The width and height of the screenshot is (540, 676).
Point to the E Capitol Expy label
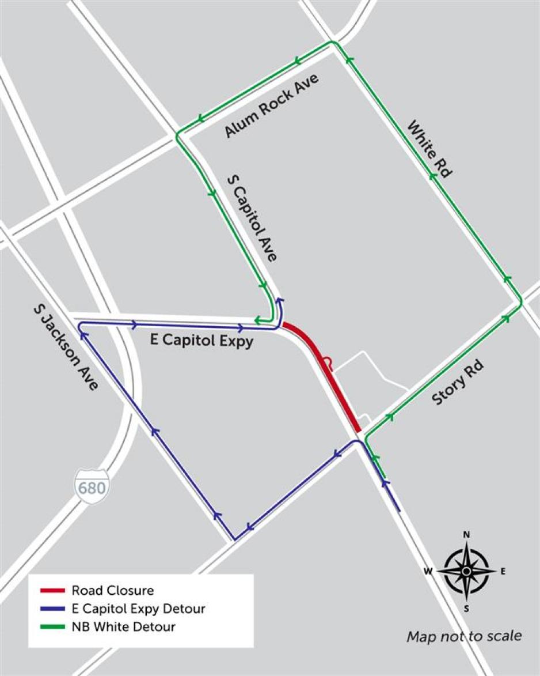[x=201, y=341]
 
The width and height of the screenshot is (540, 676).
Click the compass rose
[x=466, y=571]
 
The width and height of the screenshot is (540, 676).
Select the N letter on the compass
[x=466, y=535]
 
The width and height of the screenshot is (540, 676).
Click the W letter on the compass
[x=428, y=572]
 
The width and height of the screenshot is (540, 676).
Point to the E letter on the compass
[x=503, y=572]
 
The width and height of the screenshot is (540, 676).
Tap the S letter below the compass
[x=466, y=609]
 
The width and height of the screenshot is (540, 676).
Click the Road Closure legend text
[x=113, y=590]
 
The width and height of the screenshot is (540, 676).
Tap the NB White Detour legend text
[x=123, y=626]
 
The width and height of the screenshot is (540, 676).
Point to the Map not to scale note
[x=464, y=636]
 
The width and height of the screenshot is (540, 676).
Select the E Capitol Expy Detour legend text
[x=138, y=609]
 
